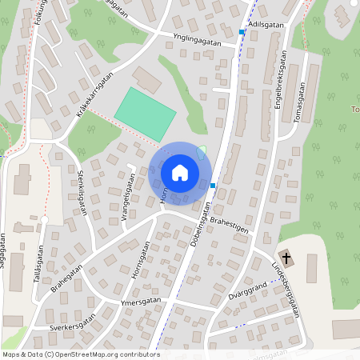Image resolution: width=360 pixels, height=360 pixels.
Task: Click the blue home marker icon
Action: click(180, 173)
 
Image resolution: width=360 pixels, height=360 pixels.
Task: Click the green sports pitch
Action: click(145, 114)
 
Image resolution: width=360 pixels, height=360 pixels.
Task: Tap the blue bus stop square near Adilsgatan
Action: click(242, 33)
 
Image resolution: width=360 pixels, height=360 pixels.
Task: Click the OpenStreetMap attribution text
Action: click(81, 354)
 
